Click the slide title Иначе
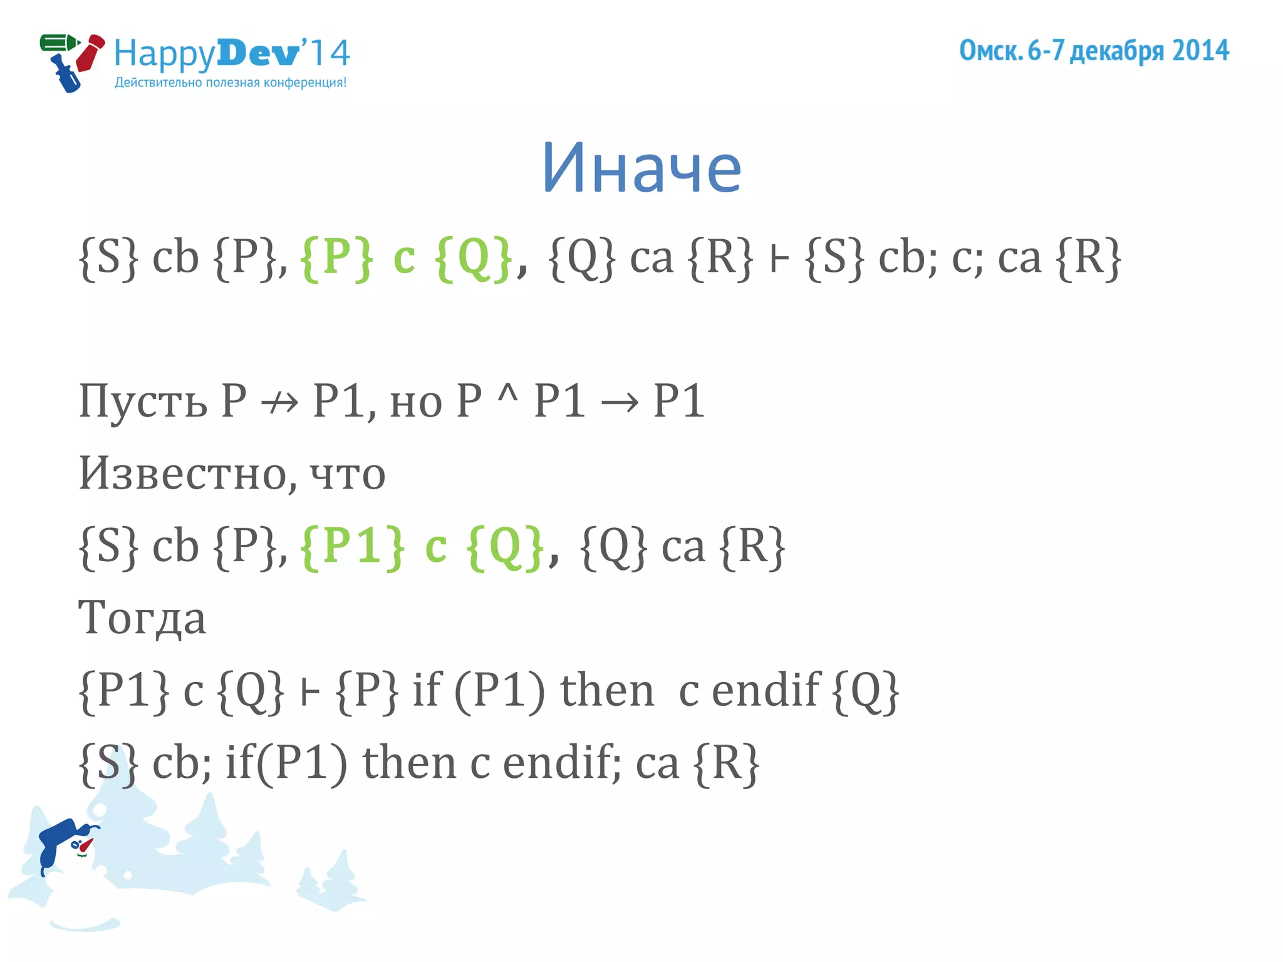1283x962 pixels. pyautogui.click(x=641, y=168)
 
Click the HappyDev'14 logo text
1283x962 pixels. pyautogui.click(x=231, y=53)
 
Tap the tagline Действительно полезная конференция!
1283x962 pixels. pyautogui.click(x=230, y=83)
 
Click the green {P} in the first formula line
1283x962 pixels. pyautogui.click(x=337, y=257)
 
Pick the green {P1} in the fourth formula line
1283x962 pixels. pyautogui.click(x=352, y=546)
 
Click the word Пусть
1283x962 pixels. pyautogui.click(x=143, y=401)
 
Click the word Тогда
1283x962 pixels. pyautogui.click(x=142, y=618)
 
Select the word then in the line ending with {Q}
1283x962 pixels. pyautogui.click(x=606, y=690)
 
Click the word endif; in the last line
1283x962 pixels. pyautogui.click(x=561, y=763)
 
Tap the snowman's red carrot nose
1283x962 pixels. pyautogui.click(x=86, y=846)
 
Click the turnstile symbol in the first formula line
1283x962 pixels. pyautogui.click(x=779, y=259)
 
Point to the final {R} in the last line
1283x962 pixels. pyautogui.click(x=727, y=763)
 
